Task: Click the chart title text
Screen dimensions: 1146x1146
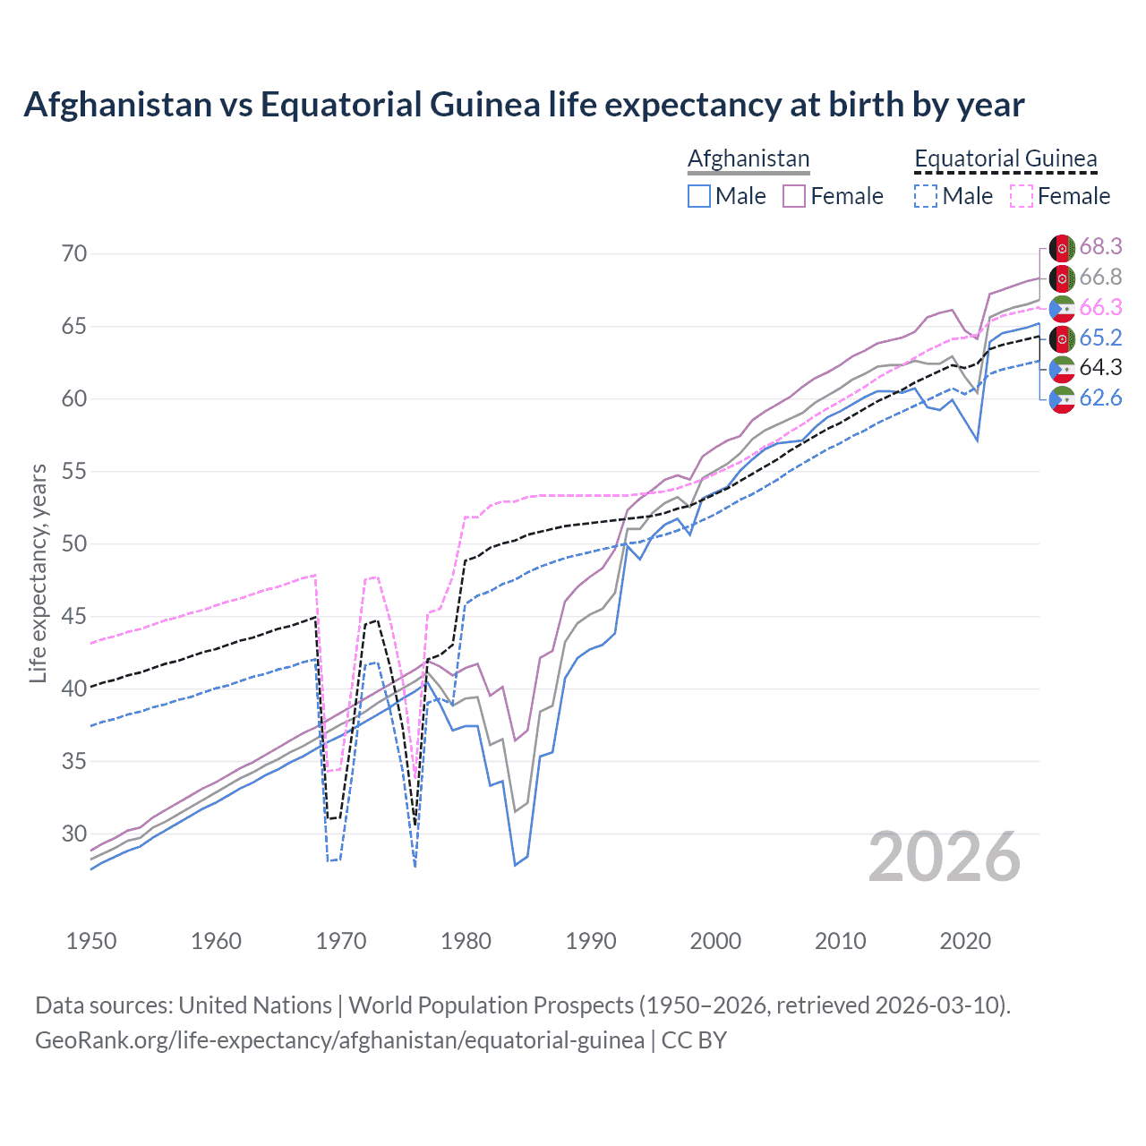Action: click(524, 105)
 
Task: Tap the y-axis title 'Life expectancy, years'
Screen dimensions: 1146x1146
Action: click(38, 573)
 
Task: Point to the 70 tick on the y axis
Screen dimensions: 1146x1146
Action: click(74, 253)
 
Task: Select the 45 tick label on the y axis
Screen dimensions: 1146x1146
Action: click(74, 616)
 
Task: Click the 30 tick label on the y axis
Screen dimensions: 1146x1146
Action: click(74, 834)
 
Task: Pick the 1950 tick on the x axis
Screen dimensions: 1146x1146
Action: click(91, 941)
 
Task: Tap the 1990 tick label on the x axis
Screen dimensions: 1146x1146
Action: click(591, 941)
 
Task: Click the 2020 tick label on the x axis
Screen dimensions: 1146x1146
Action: click(965, 941)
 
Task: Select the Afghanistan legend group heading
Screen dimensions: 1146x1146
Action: click(748, 158)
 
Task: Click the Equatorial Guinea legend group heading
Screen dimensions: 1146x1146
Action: click(1005, 158)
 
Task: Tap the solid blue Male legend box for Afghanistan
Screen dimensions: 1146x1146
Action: click(699, 196)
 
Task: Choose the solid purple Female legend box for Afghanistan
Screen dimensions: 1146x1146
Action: click(794, 196)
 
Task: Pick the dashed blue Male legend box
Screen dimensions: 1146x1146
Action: click(926, 196)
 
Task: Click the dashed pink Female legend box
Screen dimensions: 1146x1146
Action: click(1022, 196)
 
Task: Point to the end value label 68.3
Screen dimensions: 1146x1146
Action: click(1100, 246)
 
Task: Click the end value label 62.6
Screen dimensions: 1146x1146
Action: click(1100, 398)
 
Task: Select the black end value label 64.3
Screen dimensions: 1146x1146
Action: click(1100, 368)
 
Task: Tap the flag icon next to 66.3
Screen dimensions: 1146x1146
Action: click(1062, 308)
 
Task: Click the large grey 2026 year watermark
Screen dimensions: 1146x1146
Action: click(945, 857)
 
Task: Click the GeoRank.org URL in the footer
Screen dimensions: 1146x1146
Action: click(339, 1040)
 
